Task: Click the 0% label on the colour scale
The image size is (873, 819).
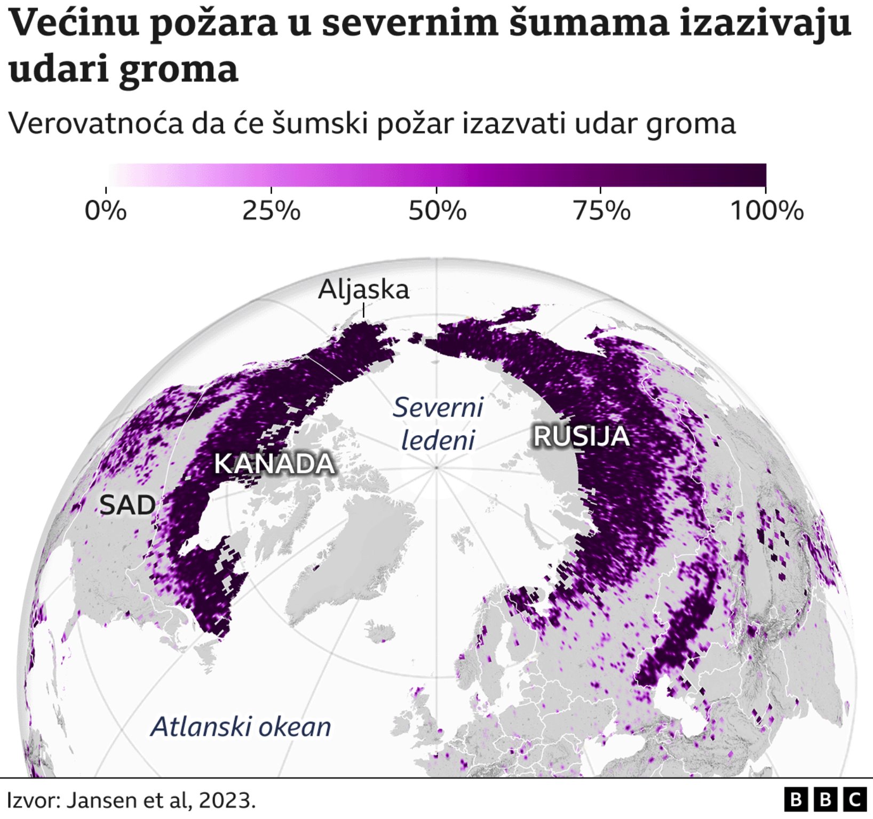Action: point(106,211)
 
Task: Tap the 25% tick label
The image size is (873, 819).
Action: point(271,211)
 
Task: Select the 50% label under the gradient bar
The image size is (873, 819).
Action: point(437,211)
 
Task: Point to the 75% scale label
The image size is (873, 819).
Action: point(601,211)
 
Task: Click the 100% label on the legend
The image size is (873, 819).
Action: point(766,211)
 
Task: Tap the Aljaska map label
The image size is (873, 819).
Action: point(363,290)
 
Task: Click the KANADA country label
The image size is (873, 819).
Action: point(274,464)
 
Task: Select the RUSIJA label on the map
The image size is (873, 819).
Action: point(582,437)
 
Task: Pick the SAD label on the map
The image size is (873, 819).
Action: point(128,505)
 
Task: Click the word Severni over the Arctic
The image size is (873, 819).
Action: point(438,408)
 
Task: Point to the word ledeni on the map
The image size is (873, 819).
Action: point(438,441)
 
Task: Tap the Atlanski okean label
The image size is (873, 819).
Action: point(241,727)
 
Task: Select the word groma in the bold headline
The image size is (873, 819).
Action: point(178,70)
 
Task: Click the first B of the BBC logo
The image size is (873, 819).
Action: point(796,800)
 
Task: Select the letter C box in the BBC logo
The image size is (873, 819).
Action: point(855,800)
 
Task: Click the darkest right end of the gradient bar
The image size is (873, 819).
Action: point(760,175)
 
